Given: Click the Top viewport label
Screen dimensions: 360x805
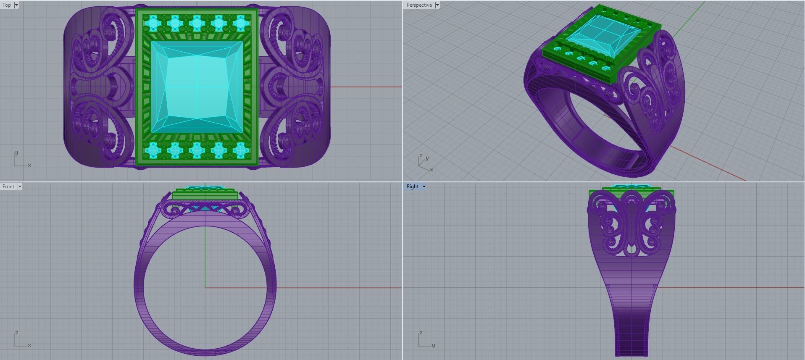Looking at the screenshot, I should pyautogui.click(x=7, y=5).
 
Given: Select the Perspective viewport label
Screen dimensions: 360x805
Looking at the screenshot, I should pyautogui.click(x=419, y=5).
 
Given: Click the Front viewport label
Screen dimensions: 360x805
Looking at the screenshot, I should pyautogui.click(x=8, y=187).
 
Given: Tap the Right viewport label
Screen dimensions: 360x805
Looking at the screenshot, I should pyautogui.click(x=412, y=187).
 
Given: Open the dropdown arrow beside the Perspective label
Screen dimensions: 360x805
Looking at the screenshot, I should pyautogui.click(x=437, y=5).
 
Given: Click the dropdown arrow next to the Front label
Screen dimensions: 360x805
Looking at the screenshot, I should pyautogui.click(x=20, y=187).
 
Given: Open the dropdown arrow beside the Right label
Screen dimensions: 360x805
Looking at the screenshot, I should pyautogui.click(x=424, y=187).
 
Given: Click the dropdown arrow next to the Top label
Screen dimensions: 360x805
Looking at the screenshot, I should pyautogui.click(x=16, y=5).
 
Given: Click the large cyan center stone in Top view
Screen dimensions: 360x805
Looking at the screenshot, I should pyautogui.click(x=197, y=87).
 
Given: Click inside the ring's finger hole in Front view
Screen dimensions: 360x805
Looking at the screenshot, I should pyautogui.click(x=205, y=286).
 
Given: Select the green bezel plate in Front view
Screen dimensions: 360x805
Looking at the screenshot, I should pyautogui.click(x=205, y=195).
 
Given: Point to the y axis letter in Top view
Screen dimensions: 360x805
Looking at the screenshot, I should pyautogui.click(x=16, y=153).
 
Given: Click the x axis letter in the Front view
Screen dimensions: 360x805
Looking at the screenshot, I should pyautogui.click(x=29, y=345).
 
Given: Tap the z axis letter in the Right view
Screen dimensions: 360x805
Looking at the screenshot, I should pyautogui.click(x=421, y=333).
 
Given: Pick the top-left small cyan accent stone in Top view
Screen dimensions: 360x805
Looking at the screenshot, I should pyautogui.click(x=153, y=22).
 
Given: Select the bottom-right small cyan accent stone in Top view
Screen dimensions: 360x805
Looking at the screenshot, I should pyautogui.click(x=240, y=149).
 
